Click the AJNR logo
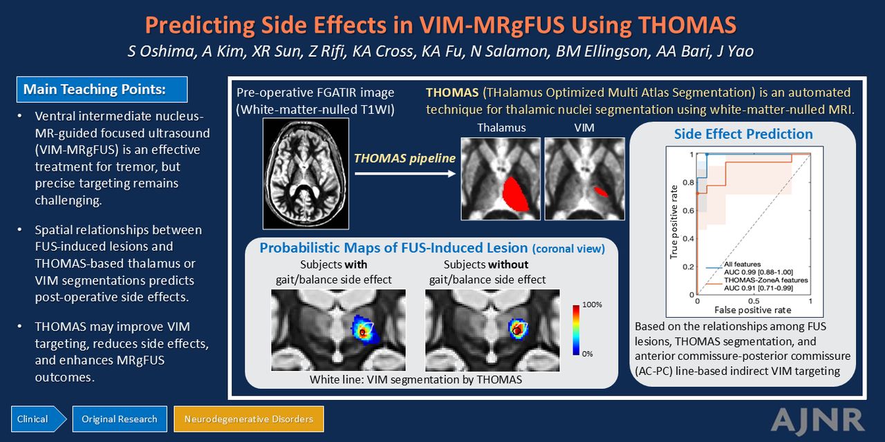817,421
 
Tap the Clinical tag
38,419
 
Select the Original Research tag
120,419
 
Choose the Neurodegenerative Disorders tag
249,419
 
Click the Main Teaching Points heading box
102,89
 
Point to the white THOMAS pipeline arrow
405,173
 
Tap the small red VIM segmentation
601,192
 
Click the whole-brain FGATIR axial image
306,173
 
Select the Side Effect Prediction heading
743,134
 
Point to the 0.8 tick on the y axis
688,183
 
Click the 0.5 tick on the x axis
754,301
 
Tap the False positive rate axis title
753,310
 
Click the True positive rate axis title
674,222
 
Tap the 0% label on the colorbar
588,354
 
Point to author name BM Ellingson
602,51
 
